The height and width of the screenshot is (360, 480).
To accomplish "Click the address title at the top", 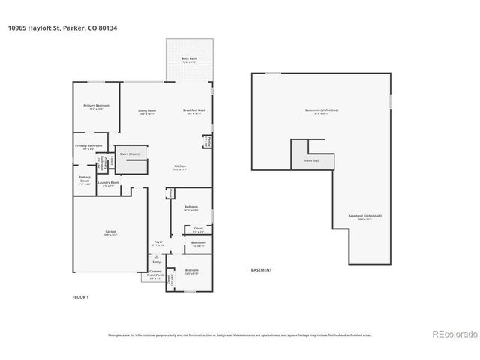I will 63,28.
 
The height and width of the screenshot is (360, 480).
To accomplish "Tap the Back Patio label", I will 189,59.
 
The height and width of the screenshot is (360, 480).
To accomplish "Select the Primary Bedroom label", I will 96,106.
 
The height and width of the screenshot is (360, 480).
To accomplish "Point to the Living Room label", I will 146,112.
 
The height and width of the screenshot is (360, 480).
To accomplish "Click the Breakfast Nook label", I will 194,112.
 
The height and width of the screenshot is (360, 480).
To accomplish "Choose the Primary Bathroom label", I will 88,147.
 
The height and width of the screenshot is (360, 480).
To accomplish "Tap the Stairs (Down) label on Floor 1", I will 130,154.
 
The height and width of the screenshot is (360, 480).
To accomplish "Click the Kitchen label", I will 180,167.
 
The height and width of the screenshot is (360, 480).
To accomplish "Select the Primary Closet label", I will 85,178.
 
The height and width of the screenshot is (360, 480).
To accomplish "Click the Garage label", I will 110,233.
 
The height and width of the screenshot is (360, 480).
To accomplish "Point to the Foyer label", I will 158,243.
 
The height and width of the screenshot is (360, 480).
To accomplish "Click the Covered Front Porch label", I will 155,274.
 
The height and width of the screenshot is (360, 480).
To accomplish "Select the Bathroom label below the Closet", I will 198,244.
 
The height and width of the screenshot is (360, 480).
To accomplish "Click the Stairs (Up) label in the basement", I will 310,160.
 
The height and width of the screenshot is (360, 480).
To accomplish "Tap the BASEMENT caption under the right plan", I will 261,270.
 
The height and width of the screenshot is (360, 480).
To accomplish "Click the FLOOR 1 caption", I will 79,297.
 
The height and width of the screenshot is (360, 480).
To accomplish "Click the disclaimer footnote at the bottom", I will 240,335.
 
